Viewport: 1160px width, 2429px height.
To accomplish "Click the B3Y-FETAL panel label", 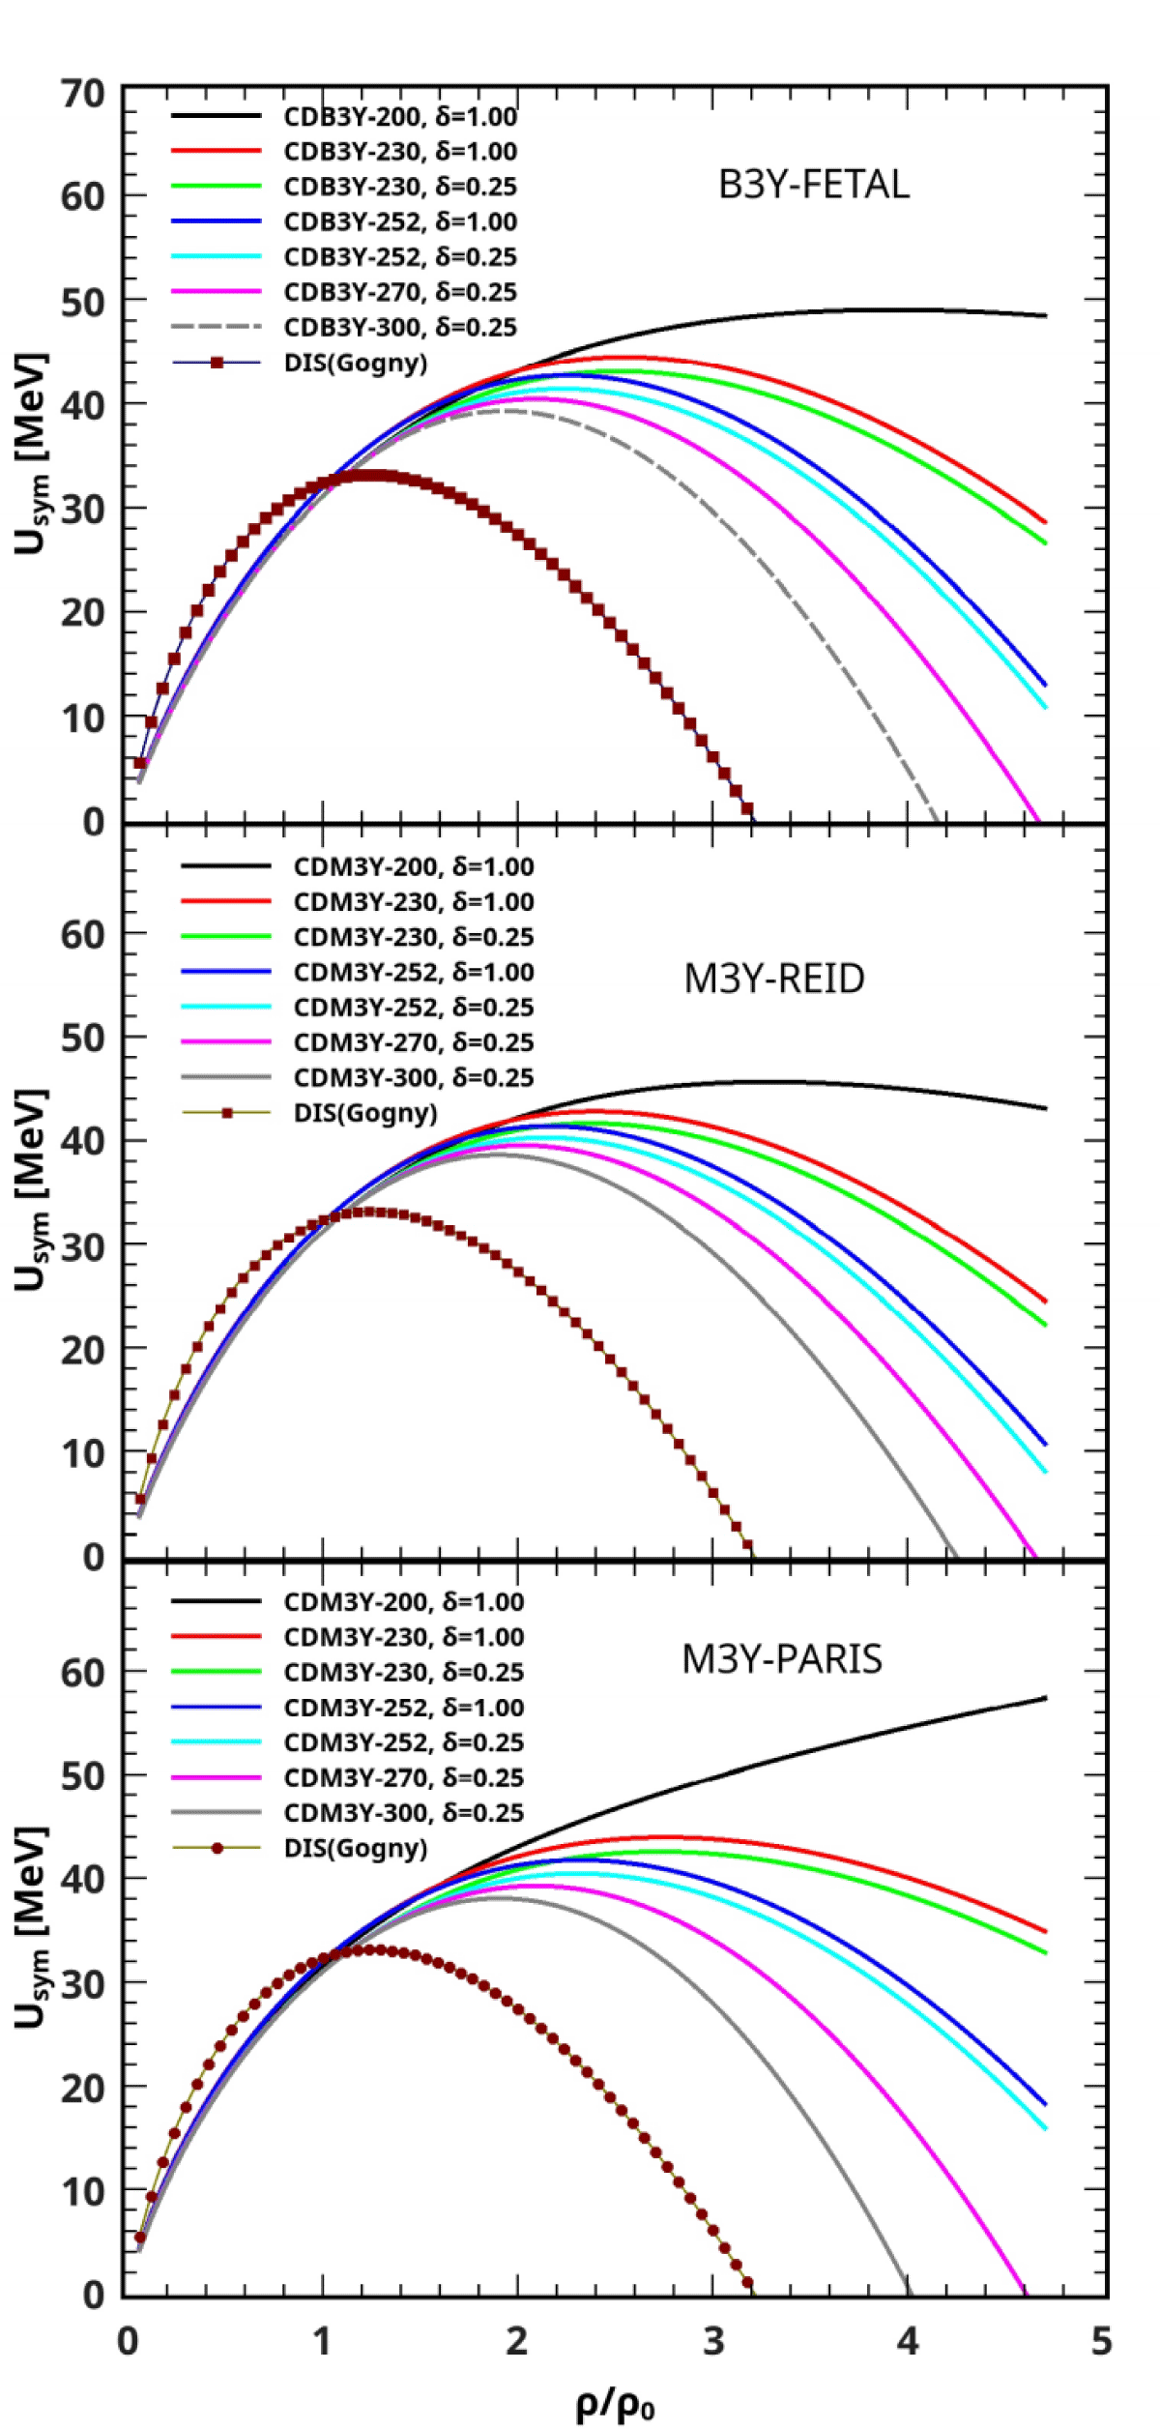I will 813,185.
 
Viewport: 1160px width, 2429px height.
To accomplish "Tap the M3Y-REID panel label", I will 773,979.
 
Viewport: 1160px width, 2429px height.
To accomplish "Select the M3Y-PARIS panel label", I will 781,1658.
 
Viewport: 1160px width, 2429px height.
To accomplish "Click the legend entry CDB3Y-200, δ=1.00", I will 399,117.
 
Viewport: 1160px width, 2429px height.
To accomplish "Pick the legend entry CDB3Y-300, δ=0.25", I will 399,327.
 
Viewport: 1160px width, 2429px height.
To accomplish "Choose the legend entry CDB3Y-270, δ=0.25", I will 399,292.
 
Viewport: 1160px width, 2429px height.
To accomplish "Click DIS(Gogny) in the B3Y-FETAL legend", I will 355,363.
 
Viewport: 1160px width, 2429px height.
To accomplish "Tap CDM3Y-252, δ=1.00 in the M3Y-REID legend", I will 413,972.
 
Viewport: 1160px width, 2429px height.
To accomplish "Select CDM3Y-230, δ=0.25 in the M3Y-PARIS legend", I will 403,1672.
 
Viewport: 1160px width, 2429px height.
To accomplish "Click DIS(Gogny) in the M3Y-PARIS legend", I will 355,1848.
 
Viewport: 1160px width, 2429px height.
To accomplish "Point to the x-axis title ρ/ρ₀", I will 615,2402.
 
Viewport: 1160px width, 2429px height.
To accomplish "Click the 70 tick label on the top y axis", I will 82,95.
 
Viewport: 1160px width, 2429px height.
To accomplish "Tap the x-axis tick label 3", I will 713,2340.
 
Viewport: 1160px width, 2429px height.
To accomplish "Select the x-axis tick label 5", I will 1101,2340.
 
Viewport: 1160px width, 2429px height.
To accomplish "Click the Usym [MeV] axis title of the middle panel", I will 31,1190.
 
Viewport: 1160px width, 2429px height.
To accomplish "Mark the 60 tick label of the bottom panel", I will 82,1673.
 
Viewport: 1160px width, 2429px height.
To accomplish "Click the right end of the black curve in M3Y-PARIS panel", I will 1045,1698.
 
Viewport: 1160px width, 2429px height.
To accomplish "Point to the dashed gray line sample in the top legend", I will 217,327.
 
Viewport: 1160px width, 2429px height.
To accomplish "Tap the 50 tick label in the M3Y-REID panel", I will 82,1039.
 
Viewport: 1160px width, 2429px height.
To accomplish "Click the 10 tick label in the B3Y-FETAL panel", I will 82,718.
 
